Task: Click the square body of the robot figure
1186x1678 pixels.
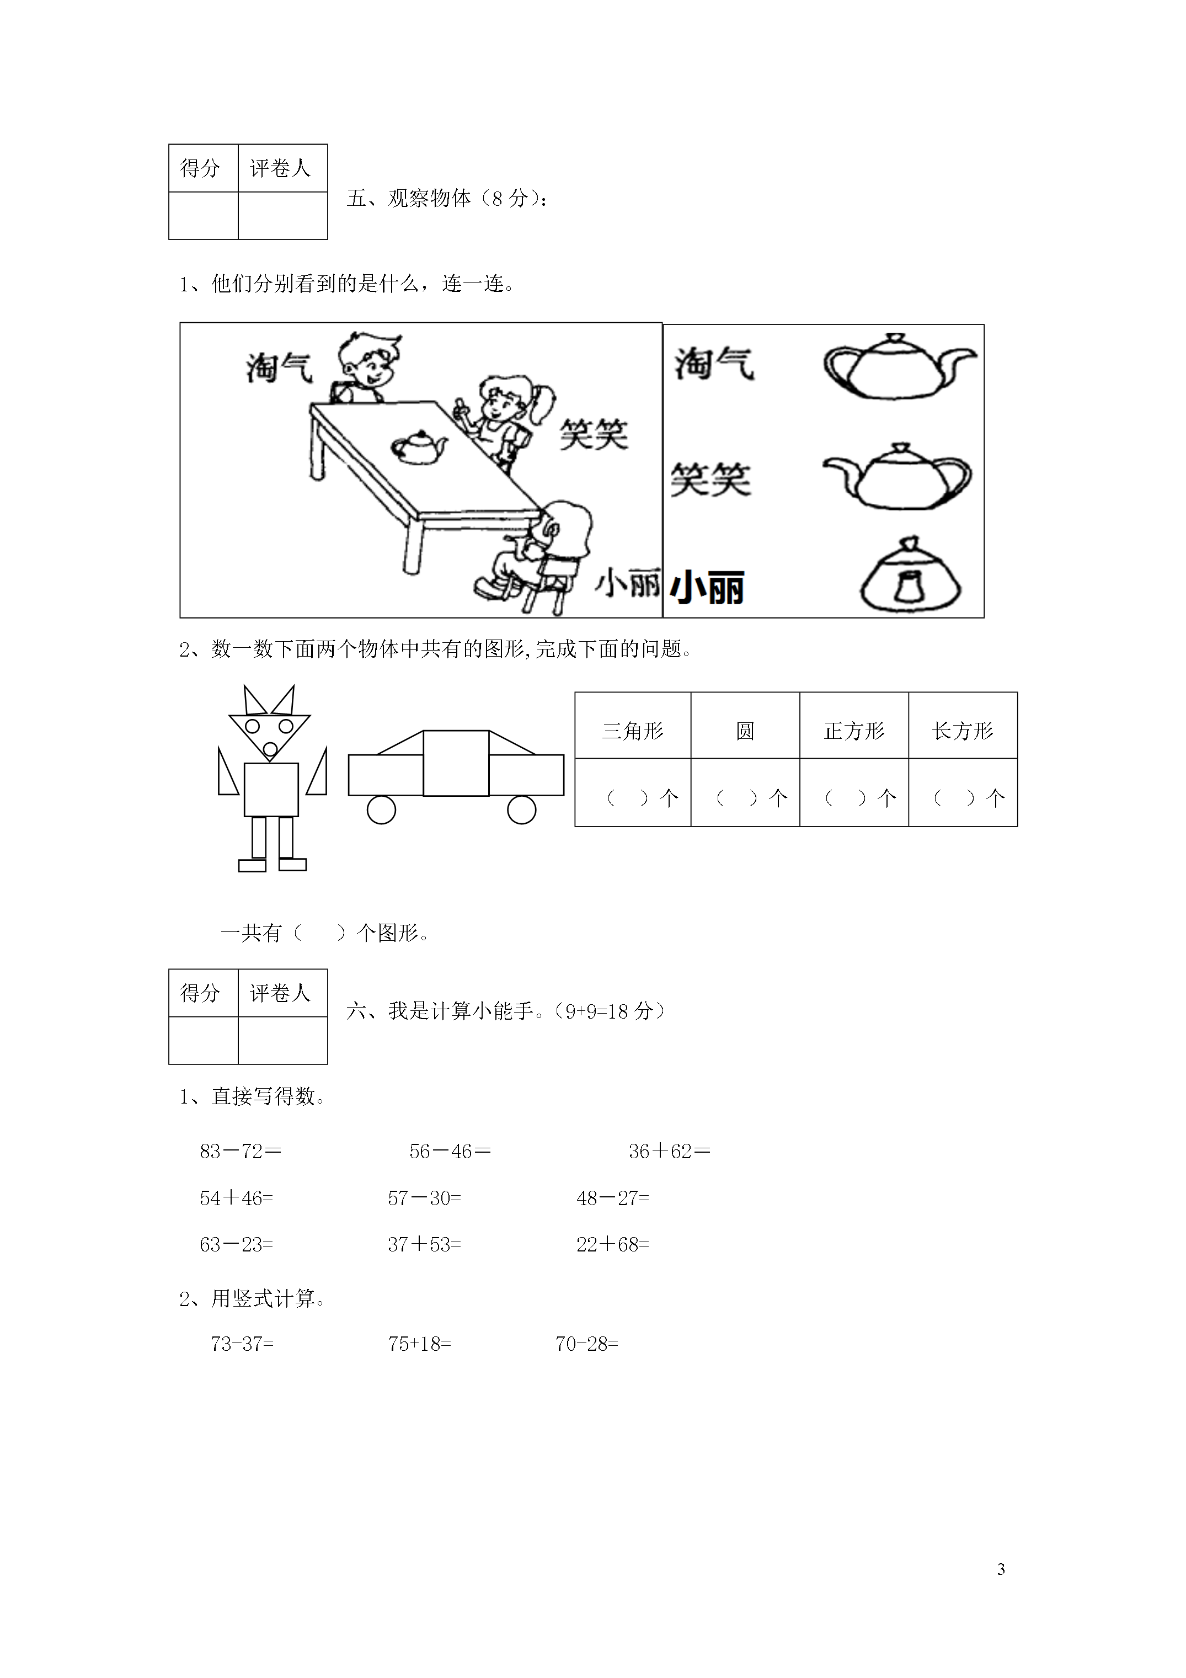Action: [271, 789]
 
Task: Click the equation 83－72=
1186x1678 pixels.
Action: [241, 1152]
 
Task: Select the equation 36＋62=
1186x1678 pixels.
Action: [669, 1152]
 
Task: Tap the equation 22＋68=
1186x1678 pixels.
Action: [612, 1244]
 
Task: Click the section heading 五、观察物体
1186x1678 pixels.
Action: [409, 198]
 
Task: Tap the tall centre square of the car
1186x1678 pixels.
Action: [456, 763]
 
